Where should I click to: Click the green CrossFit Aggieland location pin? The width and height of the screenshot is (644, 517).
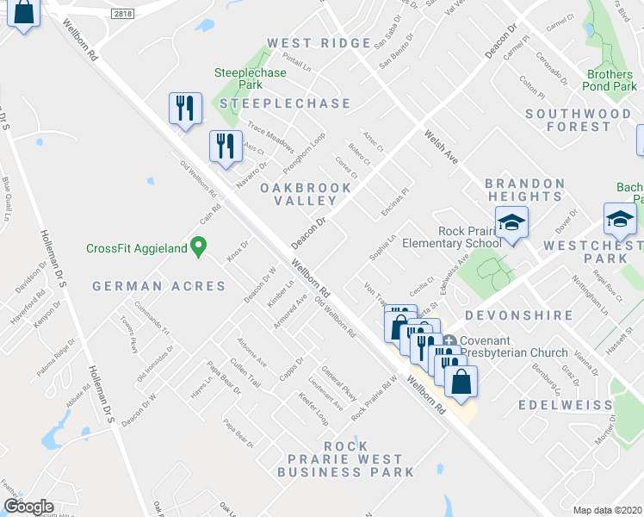click(x=198, y=247)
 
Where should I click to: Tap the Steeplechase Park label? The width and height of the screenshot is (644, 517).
click(x=250, y=79)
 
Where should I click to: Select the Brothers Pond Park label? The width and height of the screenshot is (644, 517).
click(x=608, y=80)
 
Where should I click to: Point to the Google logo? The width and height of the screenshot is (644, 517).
click(x=28, y=507)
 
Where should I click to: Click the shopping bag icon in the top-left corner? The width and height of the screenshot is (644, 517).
click(x=24, y=14)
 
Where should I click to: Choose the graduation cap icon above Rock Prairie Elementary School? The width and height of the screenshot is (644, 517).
click(x=511, y=224)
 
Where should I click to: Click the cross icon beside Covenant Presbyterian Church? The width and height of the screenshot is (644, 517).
click(x=450, y=339)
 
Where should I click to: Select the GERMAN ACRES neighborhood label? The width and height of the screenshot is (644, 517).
click(x=159, y=286)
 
